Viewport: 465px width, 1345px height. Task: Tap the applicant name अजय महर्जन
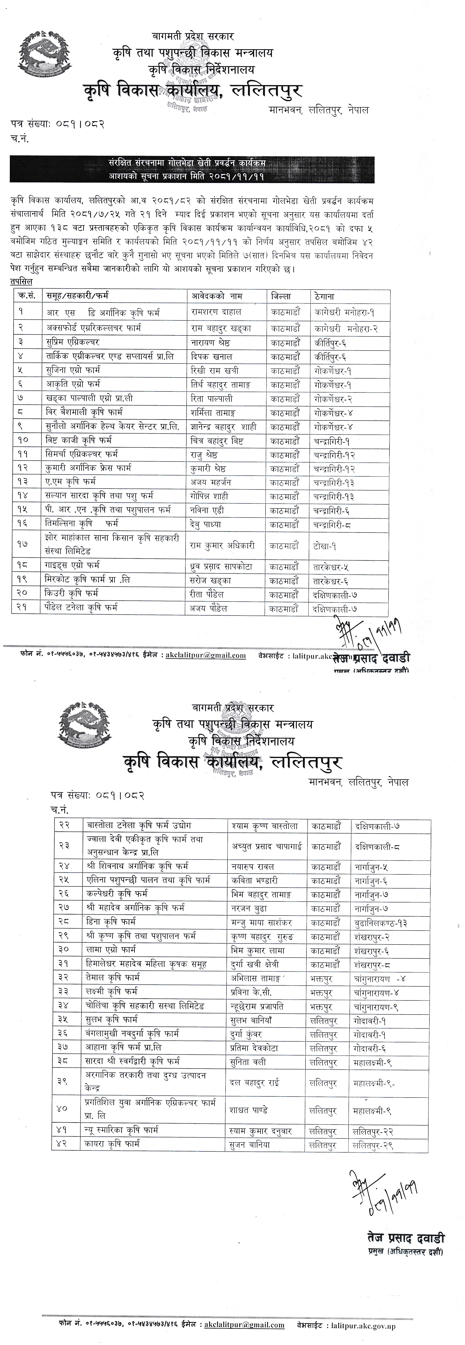click(x=211, y=482)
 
